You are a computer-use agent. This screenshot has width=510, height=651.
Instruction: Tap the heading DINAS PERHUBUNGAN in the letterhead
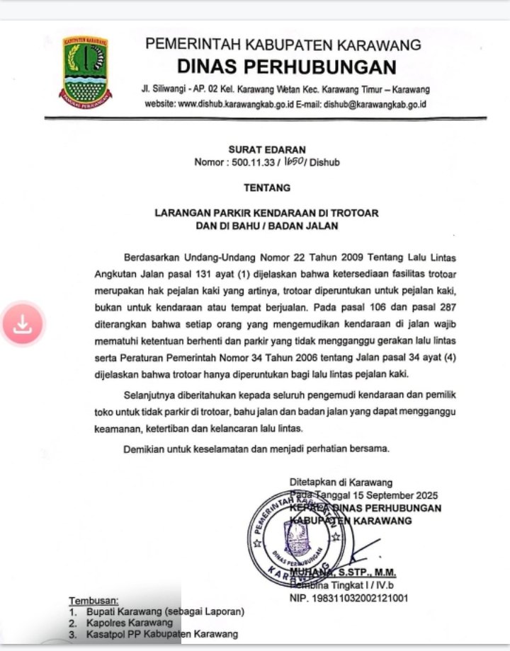click(x=286, y=67)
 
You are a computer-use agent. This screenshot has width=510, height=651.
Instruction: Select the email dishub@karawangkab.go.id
click(x=375, y=104)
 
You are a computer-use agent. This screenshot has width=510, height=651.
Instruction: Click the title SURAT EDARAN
click(x=267, y=149)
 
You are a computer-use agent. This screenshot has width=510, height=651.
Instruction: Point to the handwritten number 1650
click(x=294, y=161)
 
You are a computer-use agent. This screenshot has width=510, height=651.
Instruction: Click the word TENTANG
click(x=267, y=188)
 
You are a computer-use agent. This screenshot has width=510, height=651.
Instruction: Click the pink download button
click(x=23, y=324)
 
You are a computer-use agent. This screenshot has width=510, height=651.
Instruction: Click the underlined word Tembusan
click(x=93, y=601)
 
